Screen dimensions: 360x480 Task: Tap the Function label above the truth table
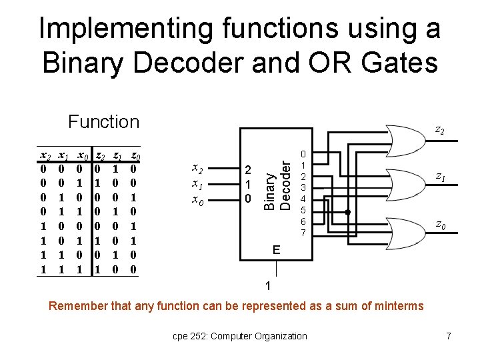point(103,121)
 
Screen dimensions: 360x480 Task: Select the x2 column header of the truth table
point(46,156)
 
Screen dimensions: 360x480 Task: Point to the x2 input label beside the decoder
point(199,169)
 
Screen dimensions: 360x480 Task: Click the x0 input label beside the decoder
point(199,199)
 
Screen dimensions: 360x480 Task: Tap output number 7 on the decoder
point(303,233)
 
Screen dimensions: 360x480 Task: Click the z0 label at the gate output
point(440,225)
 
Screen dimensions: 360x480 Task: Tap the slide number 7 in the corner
point(448,336)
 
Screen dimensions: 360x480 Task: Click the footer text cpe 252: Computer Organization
point(238,336)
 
